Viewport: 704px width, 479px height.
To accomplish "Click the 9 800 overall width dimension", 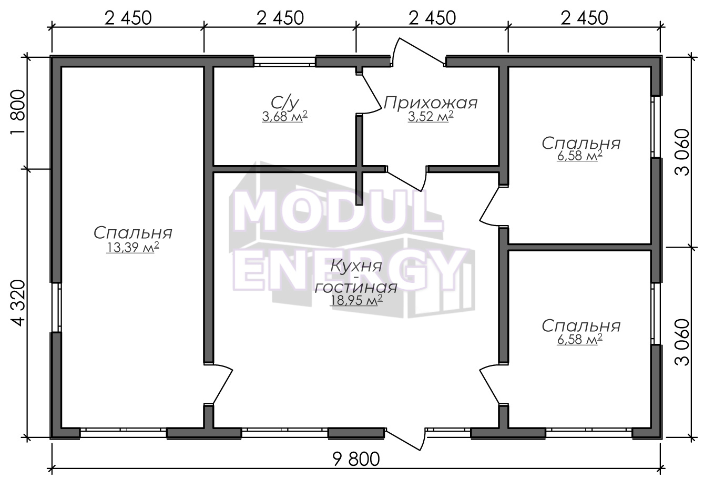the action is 356,460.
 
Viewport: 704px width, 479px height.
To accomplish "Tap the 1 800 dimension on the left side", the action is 17,113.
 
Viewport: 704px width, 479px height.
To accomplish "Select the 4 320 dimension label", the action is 17,303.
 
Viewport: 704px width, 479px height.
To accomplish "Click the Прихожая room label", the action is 431,103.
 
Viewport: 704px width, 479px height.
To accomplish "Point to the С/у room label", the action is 285,103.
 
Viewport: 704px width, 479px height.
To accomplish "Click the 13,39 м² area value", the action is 132,248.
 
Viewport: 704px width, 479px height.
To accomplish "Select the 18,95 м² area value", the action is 356,300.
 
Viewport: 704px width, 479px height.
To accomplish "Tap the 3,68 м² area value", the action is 284,117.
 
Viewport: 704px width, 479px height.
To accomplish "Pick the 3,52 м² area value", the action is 431,117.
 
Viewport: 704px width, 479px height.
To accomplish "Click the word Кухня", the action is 356,267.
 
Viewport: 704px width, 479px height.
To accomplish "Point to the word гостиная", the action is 356,287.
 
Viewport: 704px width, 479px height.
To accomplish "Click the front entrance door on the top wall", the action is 419,53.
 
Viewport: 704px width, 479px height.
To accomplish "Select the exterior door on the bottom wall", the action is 405,439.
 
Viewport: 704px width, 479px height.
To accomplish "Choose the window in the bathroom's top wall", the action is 284,62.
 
